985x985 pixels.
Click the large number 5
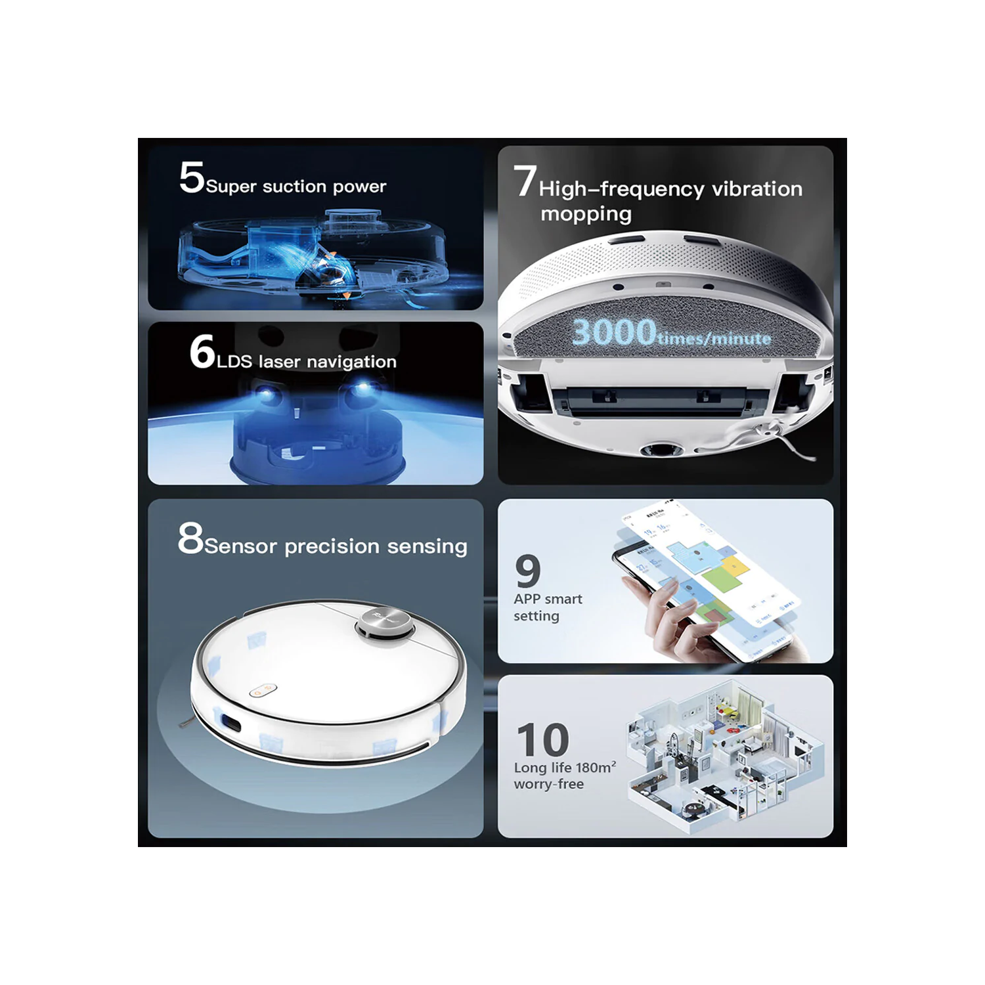click(192, 177)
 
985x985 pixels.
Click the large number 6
click(202, 351)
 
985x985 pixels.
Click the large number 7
click(525, 181)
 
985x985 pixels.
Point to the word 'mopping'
click(586, 214)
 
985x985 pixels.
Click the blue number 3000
click(613, 332)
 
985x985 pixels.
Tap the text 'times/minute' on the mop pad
click(714, 339)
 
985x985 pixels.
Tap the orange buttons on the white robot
click(263, 690)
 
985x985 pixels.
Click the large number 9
click(528, 571)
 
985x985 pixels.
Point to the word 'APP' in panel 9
click(527, 599)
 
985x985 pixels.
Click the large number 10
click(542, 740)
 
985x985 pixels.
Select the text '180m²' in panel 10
click(596, 767)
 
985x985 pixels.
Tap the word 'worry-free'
click(548, 784)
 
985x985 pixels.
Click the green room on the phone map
click(720, 579)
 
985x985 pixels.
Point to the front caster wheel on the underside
click(659, 450)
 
